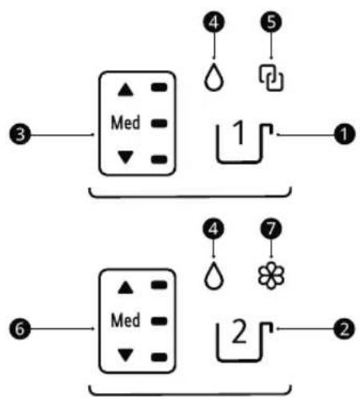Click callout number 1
pos(345,134)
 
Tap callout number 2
pos(345,329)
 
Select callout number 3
pos(20,134)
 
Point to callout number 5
pos(271,22)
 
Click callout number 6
pos(20,329)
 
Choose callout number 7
pos(271,229)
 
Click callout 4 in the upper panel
pos(214,22)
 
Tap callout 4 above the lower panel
pos(214,229)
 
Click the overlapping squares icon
pos(271,78)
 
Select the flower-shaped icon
pos(271,275)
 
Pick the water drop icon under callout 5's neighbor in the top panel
pos(214,77)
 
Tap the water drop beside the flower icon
pos(214,275)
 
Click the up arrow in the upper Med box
pos(126,90)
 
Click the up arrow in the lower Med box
pos(126,287)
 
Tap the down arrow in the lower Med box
pos(126,355)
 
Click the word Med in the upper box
pos(126,122)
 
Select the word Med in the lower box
pos(126,320)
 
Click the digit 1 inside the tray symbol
pos(240,133)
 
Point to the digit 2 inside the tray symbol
pos(239,331)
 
